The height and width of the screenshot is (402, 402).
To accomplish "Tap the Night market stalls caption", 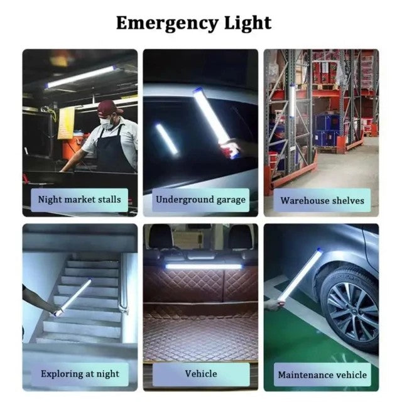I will click(80, 200).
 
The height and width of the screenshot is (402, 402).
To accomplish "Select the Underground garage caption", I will click(200, 200).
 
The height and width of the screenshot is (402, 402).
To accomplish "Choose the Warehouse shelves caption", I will click(322, 200).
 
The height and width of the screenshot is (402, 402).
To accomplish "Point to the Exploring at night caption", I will click(80, 374).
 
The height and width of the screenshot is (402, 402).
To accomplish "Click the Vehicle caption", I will click(200, 374).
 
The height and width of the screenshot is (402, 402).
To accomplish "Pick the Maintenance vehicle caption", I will click(322, 374).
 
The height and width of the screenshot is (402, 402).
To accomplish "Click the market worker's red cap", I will click(108, 107).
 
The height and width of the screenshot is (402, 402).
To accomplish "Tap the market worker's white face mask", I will click(107, 123).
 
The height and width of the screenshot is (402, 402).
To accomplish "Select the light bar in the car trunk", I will click(203, 266).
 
